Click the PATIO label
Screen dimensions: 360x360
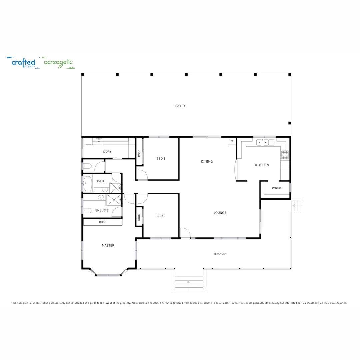(180, 106)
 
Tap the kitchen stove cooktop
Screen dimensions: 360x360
(285, 154)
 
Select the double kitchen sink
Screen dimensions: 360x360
(262, 143)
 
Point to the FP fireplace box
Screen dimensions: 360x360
(232, 141)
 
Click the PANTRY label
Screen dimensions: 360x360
(277, 188)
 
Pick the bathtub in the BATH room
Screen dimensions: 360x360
(87, 184)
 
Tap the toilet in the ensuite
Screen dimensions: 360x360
(87, 210)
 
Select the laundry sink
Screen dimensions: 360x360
(99, 141)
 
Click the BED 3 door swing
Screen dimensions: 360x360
(142, 175)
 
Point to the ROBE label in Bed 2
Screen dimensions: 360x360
(139, 217)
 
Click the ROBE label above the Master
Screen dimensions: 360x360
(103, 222)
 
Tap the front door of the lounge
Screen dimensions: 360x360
(185, 233)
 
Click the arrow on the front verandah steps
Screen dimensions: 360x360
(188, 282)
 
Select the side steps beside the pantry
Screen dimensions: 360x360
(297, 205)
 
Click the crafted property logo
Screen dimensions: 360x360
(23, 63)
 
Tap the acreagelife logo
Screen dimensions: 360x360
(59, 63)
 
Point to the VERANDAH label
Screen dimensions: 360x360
(220, 254)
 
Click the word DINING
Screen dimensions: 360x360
(207, 162)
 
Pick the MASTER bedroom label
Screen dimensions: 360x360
(108, 246)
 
